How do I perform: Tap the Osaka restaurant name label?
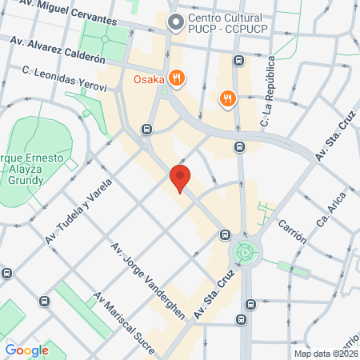point(149,78)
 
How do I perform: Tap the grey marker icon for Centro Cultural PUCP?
point(173,23)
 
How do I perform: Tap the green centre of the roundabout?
point(246,253)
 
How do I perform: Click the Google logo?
point(27,350)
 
